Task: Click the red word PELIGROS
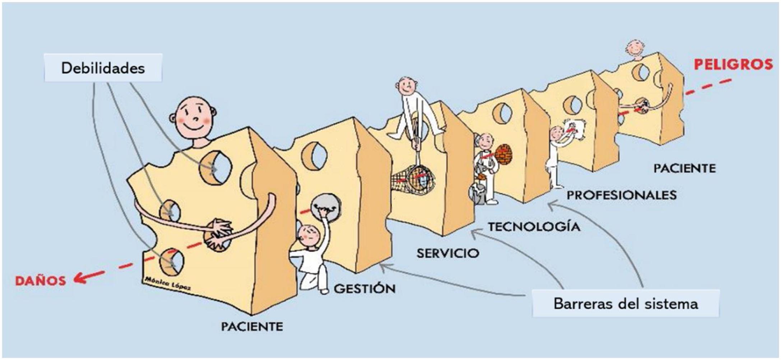click(x=733, y=65)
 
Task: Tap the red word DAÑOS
click(x=41, y=281)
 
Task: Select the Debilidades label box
click(x=103, y=68)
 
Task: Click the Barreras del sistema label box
click(x=626, y=304)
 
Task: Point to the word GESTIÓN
click(x=364, y=289)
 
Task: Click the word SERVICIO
click(x=448, y=253)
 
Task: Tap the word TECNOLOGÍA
click(x=534, y=227)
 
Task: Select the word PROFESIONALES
click(x=622, y=195)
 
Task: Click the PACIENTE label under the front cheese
click(x=252, y=327)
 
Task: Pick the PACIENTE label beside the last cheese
click(x=684, y=168)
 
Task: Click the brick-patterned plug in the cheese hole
click(x=503, y=154)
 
